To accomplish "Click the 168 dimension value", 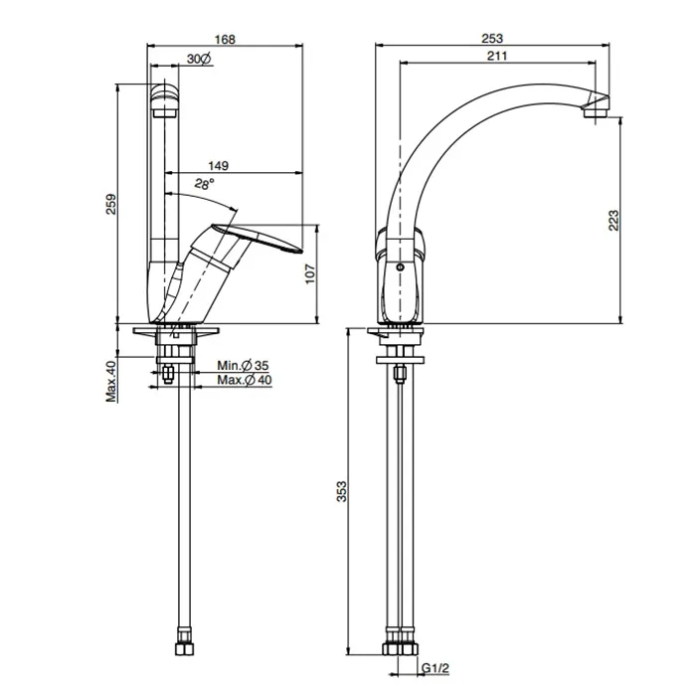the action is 225,39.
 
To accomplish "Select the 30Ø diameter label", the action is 199,58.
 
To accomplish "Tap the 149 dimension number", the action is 219,166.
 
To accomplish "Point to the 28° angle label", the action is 204,183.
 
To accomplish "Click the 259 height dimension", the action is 111,204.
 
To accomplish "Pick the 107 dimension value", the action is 310,273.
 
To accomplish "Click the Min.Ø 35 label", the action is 243,365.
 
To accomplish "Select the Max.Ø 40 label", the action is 245,380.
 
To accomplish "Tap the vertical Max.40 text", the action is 111,381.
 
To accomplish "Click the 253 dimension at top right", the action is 492,39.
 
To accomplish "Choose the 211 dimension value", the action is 497,56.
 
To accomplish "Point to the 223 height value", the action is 613,220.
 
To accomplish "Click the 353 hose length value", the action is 341,491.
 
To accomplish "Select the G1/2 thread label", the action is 435,668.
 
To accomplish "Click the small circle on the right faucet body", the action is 400,267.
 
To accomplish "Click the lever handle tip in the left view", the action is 300,251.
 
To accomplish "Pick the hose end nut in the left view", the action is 183,649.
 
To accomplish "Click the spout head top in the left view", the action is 165,87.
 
